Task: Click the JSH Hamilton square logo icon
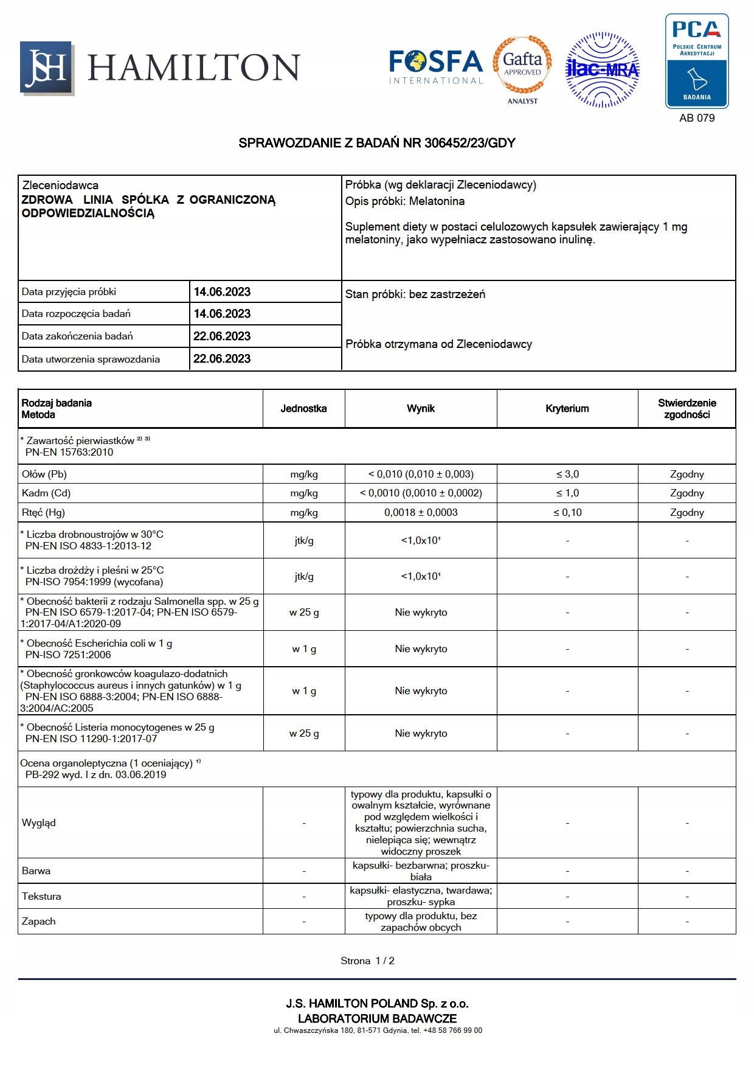tap(47, 68)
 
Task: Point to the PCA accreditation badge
tap(697, 61)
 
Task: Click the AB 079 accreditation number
tap(697, 118)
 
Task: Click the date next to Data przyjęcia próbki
tap(222, 292)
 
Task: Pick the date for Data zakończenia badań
tap(222, 336)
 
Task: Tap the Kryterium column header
tap(567, 409)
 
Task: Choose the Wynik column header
tap(421, 409)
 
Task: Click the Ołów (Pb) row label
tap(44, 474)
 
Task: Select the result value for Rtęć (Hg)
tap(421, 513)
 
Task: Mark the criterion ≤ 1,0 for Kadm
tap(567, 493)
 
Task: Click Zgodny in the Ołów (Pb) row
tap(687, 474)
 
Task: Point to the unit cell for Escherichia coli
tap(304, 649)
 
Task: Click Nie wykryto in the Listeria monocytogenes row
tap(421, 734)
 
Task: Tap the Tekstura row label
tap(41, 897)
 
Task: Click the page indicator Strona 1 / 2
tap(367, 961)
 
